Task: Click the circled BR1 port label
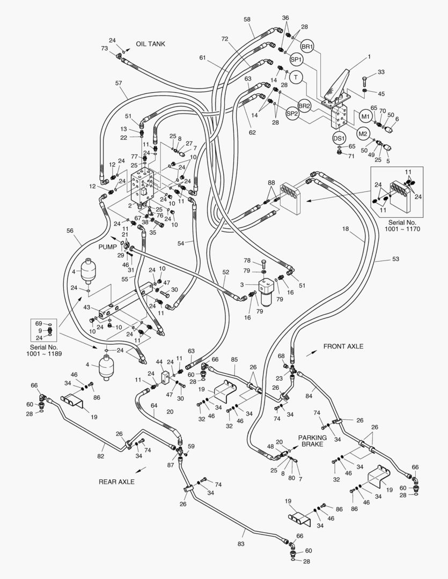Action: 307,46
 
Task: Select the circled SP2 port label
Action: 292,114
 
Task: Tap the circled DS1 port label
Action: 339,138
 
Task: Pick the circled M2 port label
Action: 363,133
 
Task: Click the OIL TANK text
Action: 150,44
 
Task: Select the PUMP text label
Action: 107,247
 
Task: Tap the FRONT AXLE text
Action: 343,347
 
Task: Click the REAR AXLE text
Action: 116,481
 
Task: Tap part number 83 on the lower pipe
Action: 241,544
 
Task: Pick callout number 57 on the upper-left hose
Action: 119,83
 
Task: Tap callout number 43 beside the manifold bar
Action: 86,307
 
